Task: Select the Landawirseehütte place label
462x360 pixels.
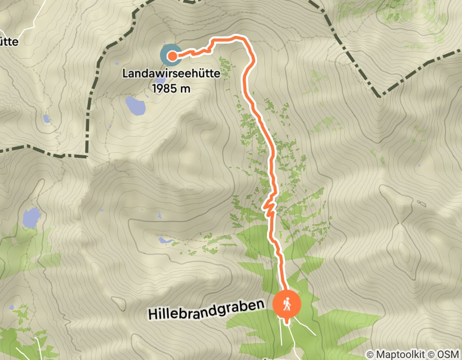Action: [171, 74]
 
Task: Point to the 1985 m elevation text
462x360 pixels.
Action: [171, 88]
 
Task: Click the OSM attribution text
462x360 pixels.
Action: [447, 354]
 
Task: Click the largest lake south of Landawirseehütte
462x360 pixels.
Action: [135, 105]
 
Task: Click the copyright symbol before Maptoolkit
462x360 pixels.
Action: [370, 354]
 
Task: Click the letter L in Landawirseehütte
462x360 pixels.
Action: [126, 74]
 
